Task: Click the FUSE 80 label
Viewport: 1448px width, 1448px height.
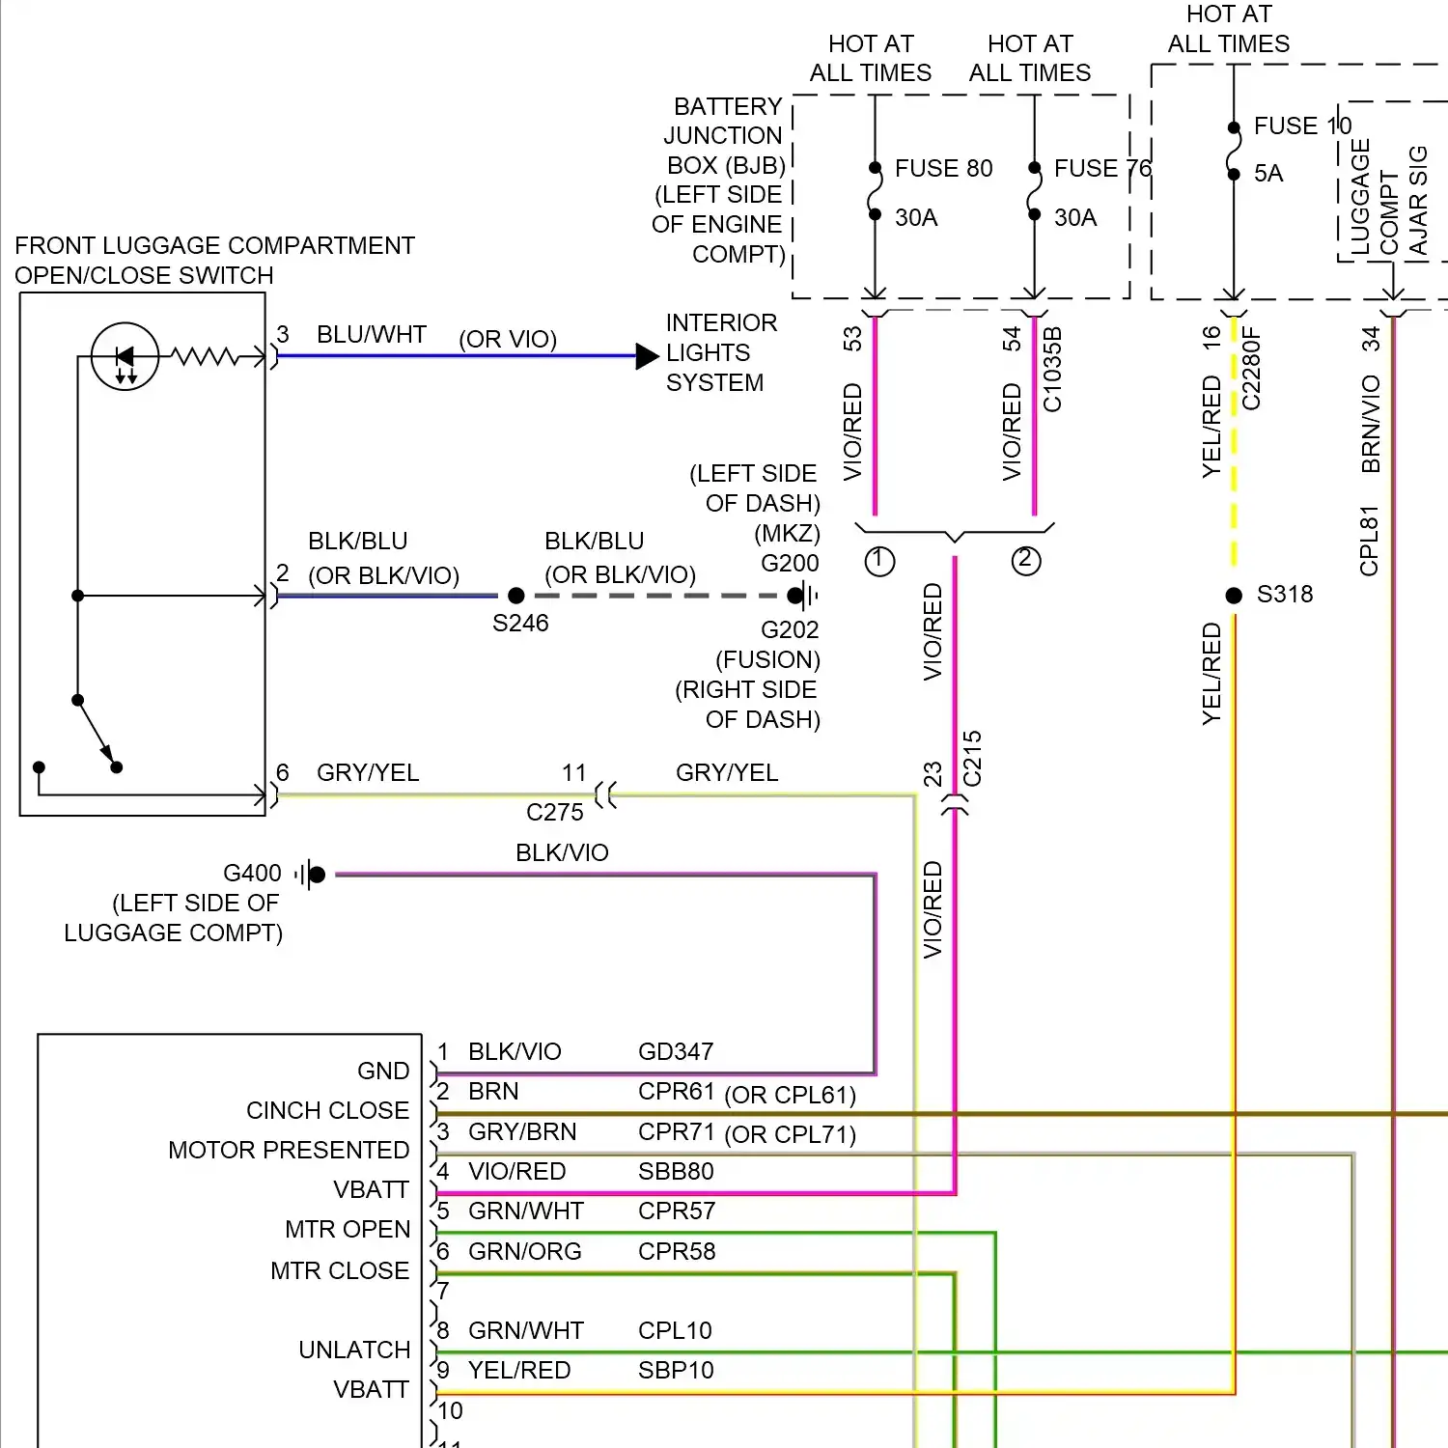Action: tap(943, 169)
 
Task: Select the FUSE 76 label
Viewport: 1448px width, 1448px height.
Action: tap(1102, 169)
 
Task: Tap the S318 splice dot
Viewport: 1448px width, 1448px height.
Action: tap(1234, 596)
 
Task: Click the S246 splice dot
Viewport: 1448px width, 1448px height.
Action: tap(516, 596)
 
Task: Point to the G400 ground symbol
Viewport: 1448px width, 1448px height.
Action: tap(311, 876)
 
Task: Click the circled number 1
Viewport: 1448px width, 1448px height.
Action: tap(879, 561)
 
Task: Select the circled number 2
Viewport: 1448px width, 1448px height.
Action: tap(1026, 561)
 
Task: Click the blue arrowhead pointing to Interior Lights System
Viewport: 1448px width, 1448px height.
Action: tap(647, 356)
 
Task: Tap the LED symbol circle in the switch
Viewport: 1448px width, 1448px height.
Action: tap(125, 356)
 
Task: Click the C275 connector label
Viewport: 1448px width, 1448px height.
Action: tap(555, 813)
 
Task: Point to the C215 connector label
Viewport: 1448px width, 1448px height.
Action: tap(972, 758)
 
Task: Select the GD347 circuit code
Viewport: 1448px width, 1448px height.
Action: tap(676, 1052)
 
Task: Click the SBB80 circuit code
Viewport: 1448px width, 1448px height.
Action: tap(676, 1172)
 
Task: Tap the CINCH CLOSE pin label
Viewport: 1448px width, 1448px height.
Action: tap(327, 1111)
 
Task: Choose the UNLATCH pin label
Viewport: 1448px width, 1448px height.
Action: tap(354, 1351)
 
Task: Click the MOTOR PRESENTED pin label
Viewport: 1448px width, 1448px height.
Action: tap(289, 1151)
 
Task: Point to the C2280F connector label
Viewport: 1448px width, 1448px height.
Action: tap(1251, 368)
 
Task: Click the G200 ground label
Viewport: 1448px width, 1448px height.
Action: tap(790, 564)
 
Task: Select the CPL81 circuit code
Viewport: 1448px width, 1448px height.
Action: tap(1370, 541)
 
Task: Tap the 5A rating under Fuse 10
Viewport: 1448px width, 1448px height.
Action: tap(1268, 174)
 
